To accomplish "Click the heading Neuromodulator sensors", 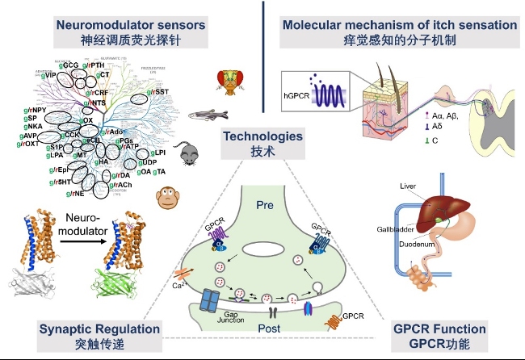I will (131, 25).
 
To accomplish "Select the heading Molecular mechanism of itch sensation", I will (400, 25).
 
